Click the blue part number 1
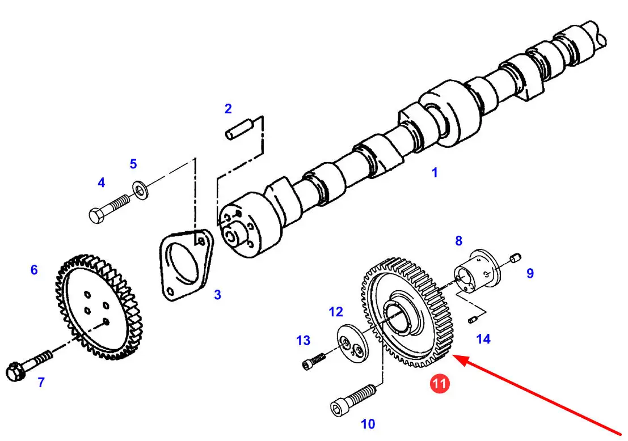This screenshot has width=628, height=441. [435, 172]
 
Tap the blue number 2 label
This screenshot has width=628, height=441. [228, 108]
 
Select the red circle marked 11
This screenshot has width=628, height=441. [440, 384]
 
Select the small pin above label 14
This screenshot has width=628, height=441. [472, 321]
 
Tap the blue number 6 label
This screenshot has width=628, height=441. [34, 270]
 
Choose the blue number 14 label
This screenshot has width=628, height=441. [483, 339]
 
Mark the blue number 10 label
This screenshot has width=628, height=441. [368, 423]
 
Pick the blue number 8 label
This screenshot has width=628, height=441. [458, 241]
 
